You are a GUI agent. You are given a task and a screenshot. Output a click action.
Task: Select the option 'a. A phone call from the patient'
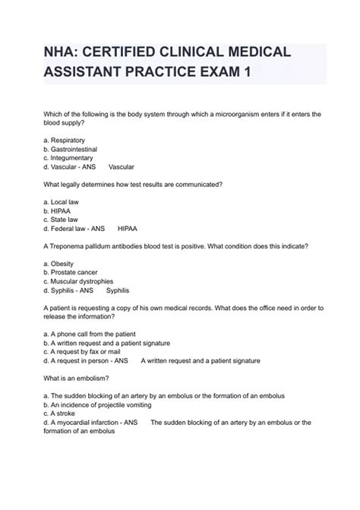(98, 333)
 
